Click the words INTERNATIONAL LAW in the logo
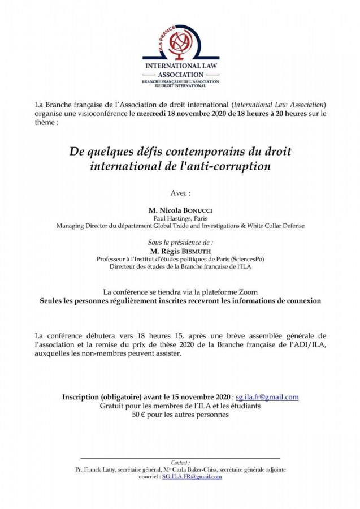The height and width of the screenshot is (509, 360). tap(180, 66)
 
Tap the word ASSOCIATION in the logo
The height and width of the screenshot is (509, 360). tap(180, 75)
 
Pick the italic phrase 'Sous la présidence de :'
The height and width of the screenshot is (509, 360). tap(180, 242)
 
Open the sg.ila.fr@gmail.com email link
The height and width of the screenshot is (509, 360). tap(267, 397)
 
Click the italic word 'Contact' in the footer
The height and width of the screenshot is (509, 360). tap(180, 462)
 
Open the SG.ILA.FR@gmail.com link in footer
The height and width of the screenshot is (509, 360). tap(192, 477)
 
